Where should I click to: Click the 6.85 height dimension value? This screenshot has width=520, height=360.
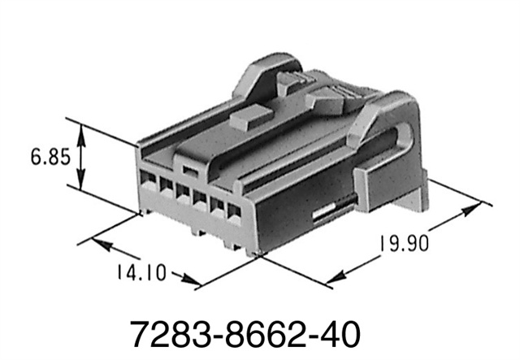pos(50,154)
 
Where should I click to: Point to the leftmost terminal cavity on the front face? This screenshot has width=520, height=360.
pos(149,182)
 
